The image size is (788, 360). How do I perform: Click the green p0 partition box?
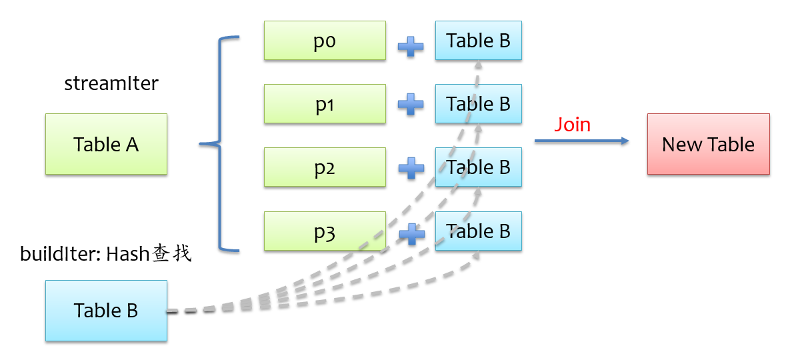pyautogui.click(x=325, y=41)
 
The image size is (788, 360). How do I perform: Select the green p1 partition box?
pyautogui.click(x=325, y=104)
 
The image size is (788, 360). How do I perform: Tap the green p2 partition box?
pyautogui.click(x=325, y=167)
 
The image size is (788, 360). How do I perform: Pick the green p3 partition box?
pyautogui.click(x=325, y=231)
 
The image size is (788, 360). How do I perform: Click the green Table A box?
pyautogui.click(x=106, y=144)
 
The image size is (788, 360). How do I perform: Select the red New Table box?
pyautogui.click(x=708, y=144)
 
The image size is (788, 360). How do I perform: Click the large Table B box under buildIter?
pyautogui.click(x=106, y=311)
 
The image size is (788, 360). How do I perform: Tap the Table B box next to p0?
pyautogui.click(x=478, y=41)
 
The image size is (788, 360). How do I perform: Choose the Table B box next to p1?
pyautogui.click(x=478, y=104)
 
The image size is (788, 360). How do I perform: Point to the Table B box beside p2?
pyautogui.click(x=478, y=167)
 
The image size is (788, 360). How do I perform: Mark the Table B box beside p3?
pyautogui.click(x=478, y=231)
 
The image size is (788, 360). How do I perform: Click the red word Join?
pyautogui.click(x=573, y=125)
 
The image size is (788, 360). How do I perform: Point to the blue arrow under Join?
pyautogui.click(x=581, y=141)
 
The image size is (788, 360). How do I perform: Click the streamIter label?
pyautogui.click(x=111, y=84)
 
